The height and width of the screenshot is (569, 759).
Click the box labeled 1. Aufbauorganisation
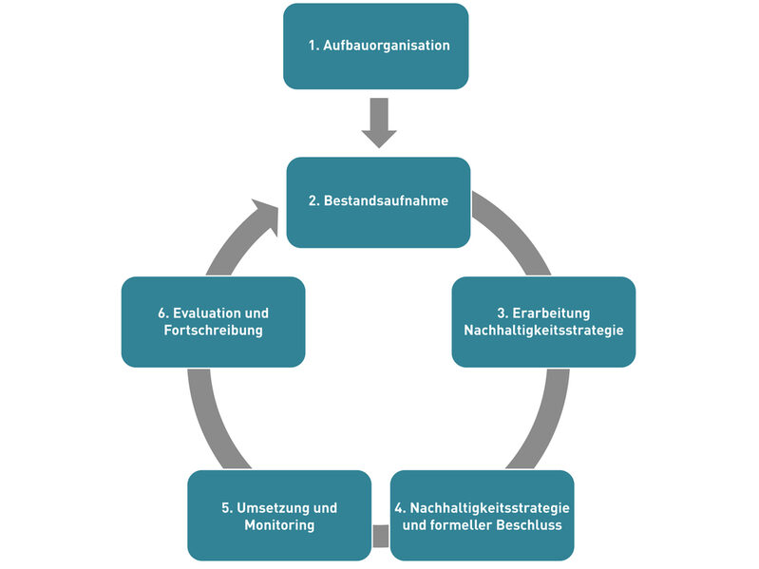pos(376,46)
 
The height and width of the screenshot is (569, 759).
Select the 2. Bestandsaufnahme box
pos(378,201)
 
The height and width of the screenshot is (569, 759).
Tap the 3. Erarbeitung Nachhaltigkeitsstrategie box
pos(543,321)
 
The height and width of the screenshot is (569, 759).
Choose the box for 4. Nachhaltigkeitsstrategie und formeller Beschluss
pos(482,515)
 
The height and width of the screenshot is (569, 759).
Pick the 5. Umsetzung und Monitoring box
pos(278,515)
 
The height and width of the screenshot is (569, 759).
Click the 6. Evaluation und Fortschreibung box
pos(213,321)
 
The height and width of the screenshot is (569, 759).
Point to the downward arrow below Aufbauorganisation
pos(379,123)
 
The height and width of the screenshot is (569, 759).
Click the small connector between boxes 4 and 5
pos(380,536)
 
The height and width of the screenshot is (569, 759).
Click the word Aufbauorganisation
pos(387,46)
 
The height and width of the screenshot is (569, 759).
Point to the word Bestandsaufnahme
pos(386,201)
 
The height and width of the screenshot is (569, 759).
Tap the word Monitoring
pos(279,525)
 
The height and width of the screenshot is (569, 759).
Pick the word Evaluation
pos(209,313)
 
